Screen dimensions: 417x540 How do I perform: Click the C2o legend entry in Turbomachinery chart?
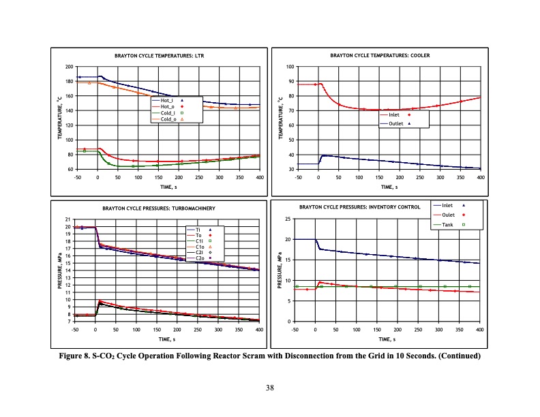click(x=200, y=258)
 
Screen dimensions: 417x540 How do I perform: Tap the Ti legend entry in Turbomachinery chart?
click(x=198, y=230)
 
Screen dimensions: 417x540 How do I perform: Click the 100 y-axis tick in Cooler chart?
click(x=290, y=67)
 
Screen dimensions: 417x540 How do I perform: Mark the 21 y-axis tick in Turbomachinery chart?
click(x=68, y=219)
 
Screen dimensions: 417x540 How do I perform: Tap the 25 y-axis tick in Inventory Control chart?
click(x=288, y=219)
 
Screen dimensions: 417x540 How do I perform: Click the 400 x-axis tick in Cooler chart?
click(x=481, y=176)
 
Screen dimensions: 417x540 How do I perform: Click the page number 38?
click(x=270, y=388)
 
